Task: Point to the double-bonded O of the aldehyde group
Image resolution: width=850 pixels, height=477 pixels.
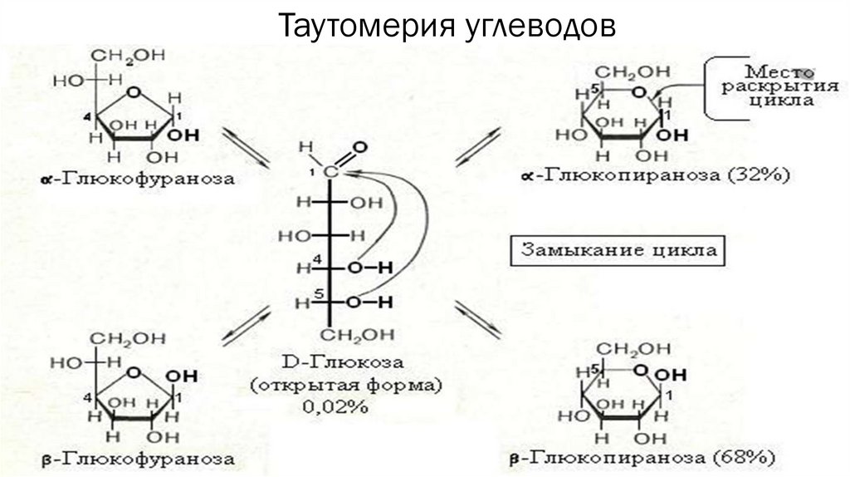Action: (359, 150)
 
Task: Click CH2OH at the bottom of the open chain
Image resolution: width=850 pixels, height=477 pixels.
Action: (349, 334)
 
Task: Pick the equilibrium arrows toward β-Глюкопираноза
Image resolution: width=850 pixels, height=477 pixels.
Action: (479, 319)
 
